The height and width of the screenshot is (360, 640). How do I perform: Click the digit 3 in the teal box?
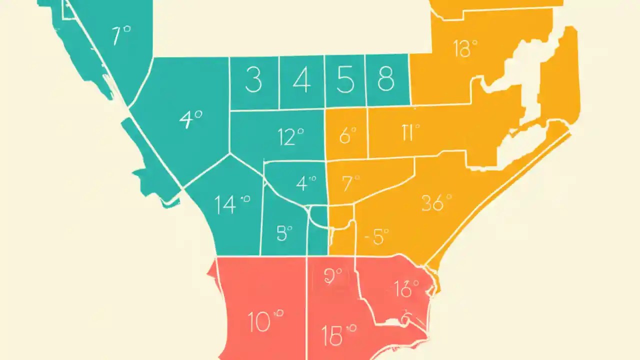click(x=253, y=80)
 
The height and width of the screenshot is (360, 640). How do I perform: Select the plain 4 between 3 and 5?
click(x=301, y=80)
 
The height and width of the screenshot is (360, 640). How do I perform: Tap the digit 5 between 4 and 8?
click(x=345, y=80)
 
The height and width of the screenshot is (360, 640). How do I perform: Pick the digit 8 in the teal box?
click(x=385, y=79)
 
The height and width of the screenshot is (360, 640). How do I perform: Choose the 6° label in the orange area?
click(x=347, y=135)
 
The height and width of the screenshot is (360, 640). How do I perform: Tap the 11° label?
click(x=410, y=133)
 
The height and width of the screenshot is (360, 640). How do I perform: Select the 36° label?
click(x=436, y=202)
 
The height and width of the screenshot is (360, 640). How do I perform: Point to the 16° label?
click(x=405, y=288)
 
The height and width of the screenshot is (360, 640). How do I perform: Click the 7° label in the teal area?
click(x=121, y=36)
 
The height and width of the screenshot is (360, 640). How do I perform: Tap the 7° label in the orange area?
click(x=350, y=184)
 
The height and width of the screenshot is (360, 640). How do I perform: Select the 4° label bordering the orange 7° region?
click(x=305, y=183)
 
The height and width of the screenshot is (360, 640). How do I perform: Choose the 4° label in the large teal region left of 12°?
click(x=190, y=120)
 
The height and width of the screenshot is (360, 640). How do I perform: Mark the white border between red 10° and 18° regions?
click(x=306, y=310)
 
